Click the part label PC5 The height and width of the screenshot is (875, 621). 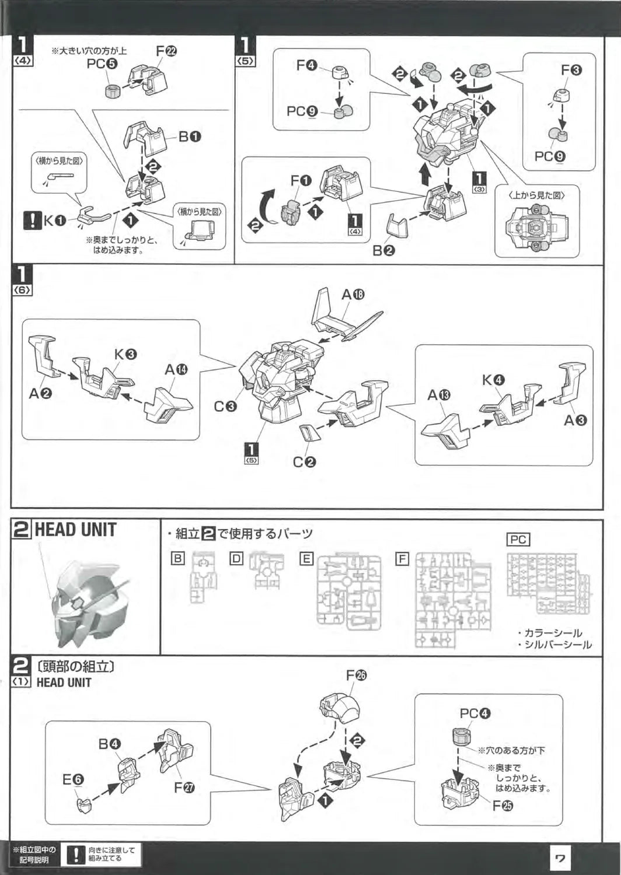click(102, 64)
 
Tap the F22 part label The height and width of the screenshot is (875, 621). click(166, 51)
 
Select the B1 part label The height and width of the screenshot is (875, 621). click(190, 136)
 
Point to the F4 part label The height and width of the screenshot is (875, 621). click(307, 65)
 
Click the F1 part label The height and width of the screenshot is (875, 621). click(301, 180)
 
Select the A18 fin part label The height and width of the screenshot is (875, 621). click(353, 295)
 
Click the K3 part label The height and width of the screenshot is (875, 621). click(125, 354)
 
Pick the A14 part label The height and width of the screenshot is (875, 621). click(176, 369)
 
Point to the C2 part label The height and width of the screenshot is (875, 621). click(305, 462)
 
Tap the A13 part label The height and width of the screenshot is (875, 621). click(439, 395)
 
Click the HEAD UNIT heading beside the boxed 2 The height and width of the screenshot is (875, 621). click(76, 530)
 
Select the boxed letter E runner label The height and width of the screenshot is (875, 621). click(306, 559)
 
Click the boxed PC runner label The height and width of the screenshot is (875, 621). click(518, 540)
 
